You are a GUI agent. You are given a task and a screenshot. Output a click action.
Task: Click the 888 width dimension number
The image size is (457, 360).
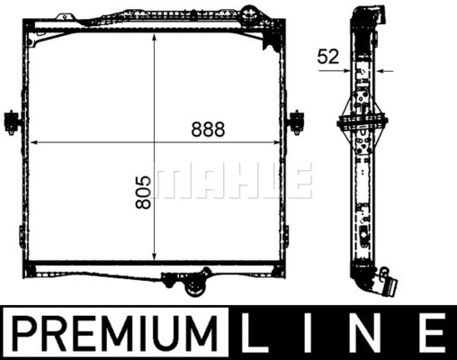click(208, 130)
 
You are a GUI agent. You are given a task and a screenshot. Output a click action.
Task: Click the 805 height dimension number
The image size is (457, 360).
click(143, 193)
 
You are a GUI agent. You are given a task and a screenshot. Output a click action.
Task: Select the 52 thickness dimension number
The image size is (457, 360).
click(328, 57)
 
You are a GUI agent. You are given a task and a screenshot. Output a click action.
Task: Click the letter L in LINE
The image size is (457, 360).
click(255, 333)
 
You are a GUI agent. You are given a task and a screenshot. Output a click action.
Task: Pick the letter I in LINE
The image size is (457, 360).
click(309, 333)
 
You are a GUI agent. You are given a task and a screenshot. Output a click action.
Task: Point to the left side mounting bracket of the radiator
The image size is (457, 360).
click(12, 121)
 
